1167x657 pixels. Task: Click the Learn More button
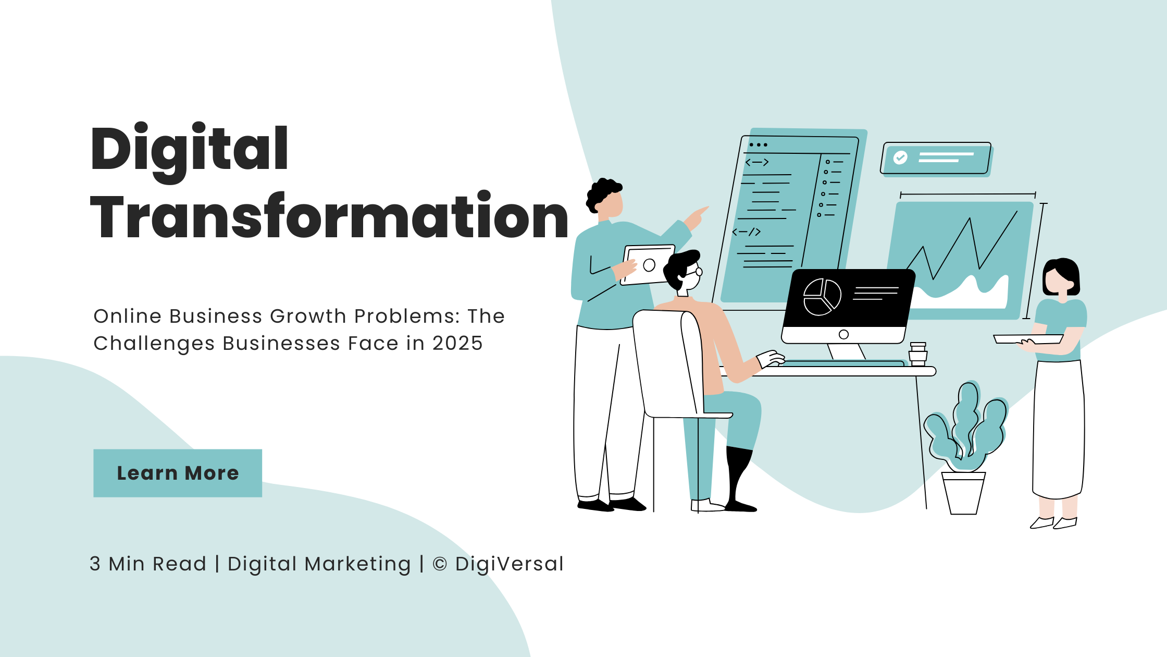[178, 473]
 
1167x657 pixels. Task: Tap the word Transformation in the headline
[329, 216]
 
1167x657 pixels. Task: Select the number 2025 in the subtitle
[457, 343]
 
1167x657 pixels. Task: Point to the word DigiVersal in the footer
[509, 564]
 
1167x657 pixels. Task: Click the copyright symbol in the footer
[440, 564]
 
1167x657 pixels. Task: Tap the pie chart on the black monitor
[822, 297]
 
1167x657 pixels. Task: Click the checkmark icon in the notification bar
[900, 157]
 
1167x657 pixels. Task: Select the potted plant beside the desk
[965, 448]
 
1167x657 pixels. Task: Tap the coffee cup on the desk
[918, 354]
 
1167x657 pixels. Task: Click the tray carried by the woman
[1028, 339]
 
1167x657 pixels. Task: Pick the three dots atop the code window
[759, 144]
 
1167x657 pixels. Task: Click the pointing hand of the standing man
[696, 218]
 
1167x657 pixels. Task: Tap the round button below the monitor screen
[844, 335]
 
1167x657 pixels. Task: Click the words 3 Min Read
[148, 564]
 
